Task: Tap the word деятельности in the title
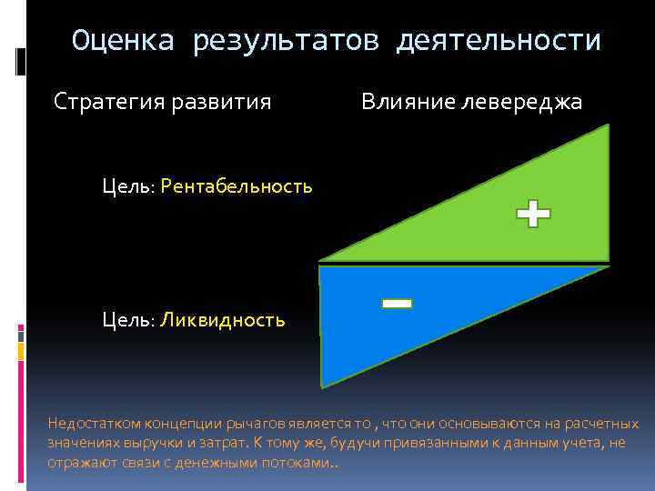point(499,41)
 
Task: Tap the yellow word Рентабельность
point(239,186)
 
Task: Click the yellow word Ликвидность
point(224,320)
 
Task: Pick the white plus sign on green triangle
point(533,215)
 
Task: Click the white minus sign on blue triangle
point(397,303)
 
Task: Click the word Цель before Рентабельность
point(130,186)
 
